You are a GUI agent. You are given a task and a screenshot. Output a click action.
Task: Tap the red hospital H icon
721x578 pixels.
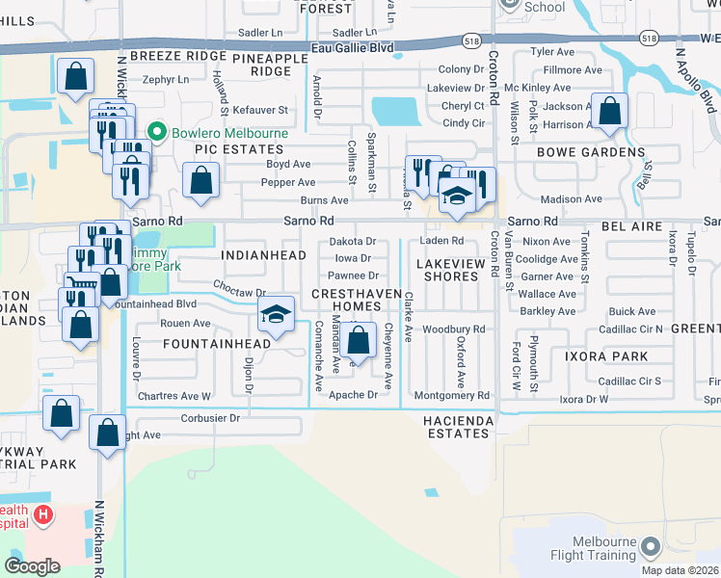click(42, 515)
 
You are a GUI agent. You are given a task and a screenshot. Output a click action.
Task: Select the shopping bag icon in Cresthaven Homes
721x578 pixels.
click(359, 341)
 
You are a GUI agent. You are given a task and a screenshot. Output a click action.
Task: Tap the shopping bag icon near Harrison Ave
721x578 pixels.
click(609, 111)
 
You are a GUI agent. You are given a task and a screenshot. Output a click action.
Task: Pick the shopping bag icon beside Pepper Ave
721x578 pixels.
click(200, 180)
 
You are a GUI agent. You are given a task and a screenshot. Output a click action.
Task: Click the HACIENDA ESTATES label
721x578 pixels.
click(458, 427)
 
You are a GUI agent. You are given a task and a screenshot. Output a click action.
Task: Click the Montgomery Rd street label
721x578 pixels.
click(451, 396)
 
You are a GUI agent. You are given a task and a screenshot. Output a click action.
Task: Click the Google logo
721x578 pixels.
click(33, 565)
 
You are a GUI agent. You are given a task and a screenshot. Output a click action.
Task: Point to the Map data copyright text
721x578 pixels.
click(686, 569)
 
